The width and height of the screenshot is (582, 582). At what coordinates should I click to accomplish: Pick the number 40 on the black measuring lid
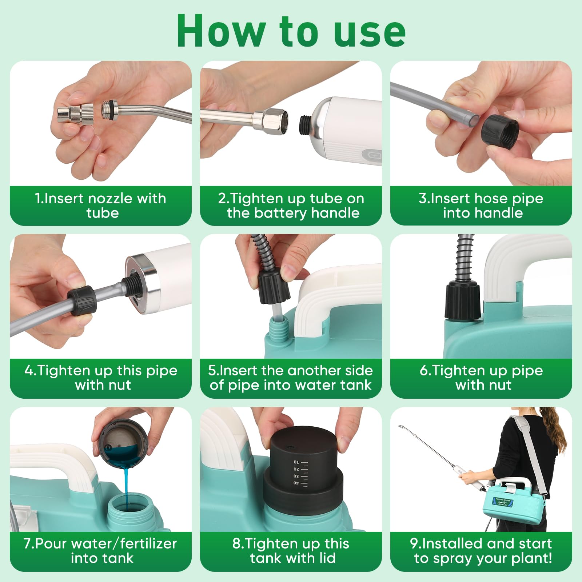[295, 483]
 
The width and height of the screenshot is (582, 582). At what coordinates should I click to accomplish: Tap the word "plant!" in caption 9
[532, 558]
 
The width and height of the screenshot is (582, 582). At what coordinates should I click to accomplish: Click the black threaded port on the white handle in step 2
[307, 124]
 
